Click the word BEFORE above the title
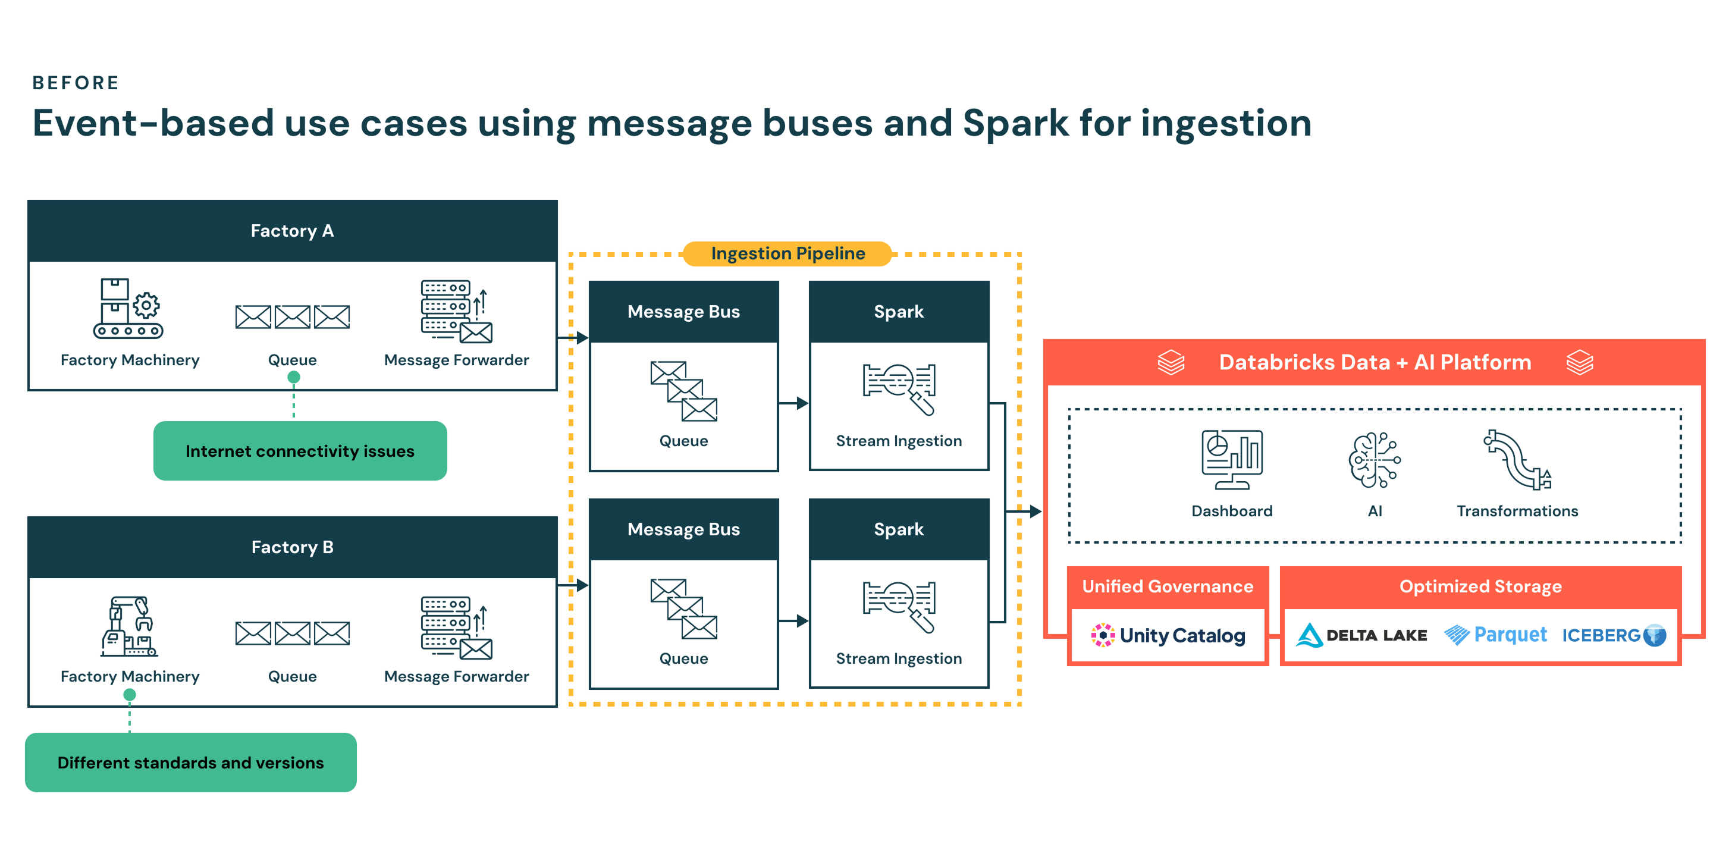coord(76,83)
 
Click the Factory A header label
coord(293,231)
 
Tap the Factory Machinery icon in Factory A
coord(128,308)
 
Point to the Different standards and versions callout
coord(191,763)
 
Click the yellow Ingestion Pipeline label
coord(788,253)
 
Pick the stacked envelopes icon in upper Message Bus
coord(684,391)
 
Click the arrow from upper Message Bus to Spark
coord(793,403)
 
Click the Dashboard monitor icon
coord(1232,460)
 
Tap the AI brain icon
coord(1375,460)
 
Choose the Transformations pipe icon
coord(1517,460)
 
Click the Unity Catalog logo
coord(1168,635)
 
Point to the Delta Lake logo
coord(1361,635)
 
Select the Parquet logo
coord(1495,635)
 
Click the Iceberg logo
coord(1614,635)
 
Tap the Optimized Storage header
coord(1480,586)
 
